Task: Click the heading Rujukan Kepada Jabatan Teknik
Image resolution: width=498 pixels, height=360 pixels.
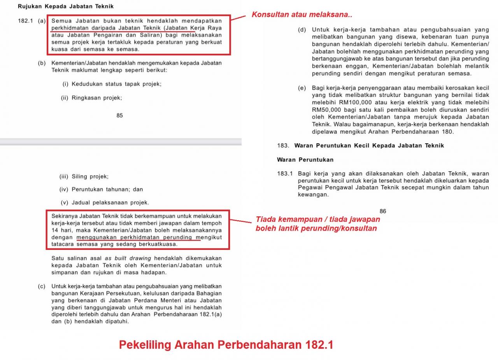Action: pyautogui.click(x=66, y=7)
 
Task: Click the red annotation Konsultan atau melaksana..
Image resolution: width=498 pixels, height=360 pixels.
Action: pyautogui.click(x=302, y=15)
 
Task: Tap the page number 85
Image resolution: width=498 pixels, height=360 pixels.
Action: pyautogui.click(x=119, y=116)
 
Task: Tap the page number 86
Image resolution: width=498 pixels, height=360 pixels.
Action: pyautogui.click(x=383, y=211)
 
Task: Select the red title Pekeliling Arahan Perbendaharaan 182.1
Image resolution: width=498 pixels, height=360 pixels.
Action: pyautogui.click(x=226, y=345)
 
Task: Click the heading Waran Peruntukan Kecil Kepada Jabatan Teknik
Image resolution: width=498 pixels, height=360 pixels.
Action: pyautogui.click(x=369, y=146)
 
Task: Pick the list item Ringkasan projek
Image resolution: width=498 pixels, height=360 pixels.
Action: pyautogui.click(x=96, y=98)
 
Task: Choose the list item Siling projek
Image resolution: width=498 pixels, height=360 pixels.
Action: pyautogui.click(x=90, y=177)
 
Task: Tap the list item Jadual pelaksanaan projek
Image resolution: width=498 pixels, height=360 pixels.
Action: pyautogui.click(x=110, y=203)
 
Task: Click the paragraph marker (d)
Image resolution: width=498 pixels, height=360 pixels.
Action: pyautogui.click(x=302, y=30)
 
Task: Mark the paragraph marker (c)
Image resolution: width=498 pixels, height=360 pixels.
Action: pyautogui.click(x=42, y=286)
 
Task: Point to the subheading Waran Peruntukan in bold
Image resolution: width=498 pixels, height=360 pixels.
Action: pyautogui.click(x=305, y=160)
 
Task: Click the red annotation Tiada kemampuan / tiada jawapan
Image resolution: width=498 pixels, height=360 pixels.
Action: pyautogui.click(x=318, y=220)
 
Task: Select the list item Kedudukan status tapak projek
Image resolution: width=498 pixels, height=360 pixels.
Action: pyautogui.click(x=116, y=84)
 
